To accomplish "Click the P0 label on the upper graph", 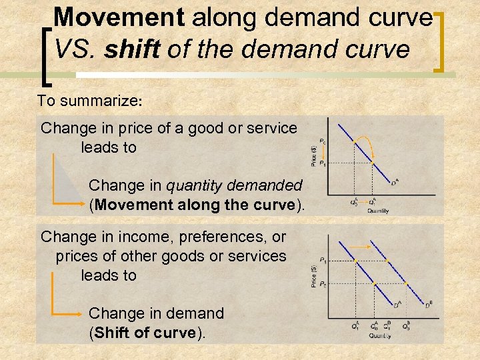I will point(323,141).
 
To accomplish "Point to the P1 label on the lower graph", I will point(323,261).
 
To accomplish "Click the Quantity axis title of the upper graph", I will point(377,211).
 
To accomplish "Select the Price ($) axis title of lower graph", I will point(315,276).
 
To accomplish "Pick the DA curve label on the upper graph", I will point(395,181).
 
